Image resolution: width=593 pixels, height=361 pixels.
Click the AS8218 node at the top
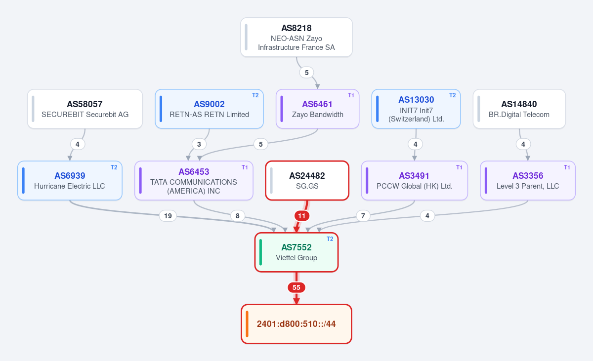click(296, 38)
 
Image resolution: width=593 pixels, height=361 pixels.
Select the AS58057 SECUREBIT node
click(85, 109)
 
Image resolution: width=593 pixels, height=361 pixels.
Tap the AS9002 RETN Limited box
click(209, 109)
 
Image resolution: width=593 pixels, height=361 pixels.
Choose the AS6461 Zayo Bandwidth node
click(317, 109)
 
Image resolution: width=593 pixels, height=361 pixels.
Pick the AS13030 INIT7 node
click(416, 109)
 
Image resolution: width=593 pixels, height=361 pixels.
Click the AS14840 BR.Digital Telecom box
click(519, 109)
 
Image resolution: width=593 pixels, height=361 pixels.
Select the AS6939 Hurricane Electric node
click(70, 181)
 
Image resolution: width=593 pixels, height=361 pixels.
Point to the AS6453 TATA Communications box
click(194, 181)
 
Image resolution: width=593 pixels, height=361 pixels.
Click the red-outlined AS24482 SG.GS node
click(307, 181)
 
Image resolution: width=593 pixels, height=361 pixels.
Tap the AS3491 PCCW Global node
click(414, 181)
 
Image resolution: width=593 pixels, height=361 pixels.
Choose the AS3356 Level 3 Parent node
click(528, 181)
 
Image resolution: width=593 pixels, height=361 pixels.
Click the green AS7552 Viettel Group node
click(296, 252)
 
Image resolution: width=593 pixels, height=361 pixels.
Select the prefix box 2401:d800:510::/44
click(296, 324)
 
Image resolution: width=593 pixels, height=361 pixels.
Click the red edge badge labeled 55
click(296, 287)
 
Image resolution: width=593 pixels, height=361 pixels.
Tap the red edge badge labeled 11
click(302, 216)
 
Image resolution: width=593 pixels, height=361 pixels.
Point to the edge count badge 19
click(168, 216)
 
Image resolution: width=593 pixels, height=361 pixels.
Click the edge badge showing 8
click(238, 216)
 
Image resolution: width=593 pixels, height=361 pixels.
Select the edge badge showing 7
click(363, 216)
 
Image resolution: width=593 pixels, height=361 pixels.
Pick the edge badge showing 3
click(199, 144)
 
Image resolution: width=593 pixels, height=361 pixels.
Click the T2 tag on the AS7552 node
click(330, 239)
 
